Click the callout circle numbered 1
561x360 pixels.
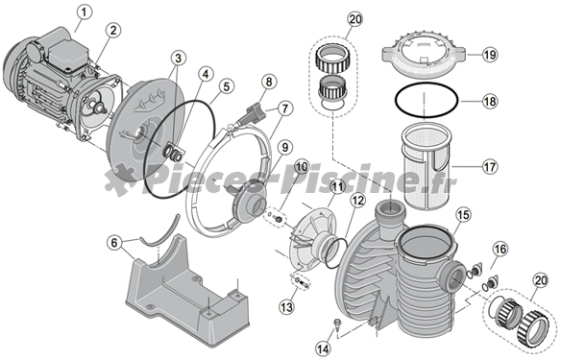click(85, 12)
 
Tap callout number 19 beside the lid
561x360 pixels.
click(490, 55)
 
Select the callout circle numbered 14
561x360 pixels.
click(324, 348)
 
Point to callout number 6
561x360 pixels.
click(114, 243)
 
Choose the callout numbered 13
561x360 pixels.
click(286, 307)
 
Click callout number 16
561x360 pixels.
click(500, 250)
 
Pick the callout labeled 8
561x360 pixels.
click(269, 82)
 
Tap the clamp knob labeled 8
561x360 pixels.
click(255, 112)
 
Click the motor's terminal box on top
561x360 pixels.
click(67, 53)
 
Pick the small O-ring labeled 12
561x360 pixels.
click(335, 254)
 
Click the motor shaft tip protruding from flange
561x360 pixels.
click(101, 108)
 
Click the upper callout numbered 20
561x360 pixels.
click(354, 20)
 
